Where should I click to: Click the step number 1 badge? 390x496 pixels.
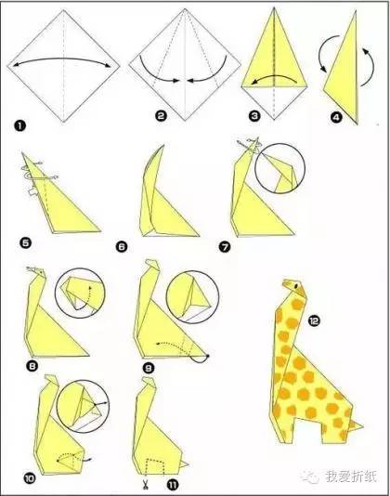19,126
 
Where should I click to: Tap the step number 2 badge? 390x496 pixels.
161,116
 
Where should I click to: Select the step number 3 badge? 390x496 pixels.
254,116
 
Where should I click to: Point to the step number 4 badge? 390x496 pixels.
336,118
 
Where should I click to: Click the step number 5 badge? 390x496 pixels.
26,243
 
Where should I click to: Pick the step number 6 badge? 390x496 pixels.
122,246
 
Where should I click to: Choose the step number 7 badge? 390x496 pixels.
225,247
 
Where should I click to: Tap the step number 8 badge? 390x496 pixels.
32,366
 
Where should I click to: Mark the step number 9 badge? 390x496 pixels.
148,368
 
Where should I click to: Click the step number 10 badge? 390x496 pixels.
29,479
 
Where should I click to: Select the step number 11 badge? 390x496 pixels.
172,485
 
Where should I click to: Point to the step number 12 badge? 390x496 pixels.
315,321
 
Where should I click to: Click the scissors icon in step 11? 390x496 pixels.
146,484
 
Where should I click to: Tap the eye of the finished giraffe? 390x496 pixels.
296,285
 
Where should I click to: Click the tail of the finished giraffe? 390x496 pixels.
357,426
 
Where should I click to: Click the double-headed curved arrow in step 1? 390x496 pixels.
62,59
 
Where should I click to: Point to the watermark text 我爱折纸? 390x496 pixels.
350,476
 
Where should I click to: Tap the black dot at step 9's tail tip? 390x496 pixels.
207,356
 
